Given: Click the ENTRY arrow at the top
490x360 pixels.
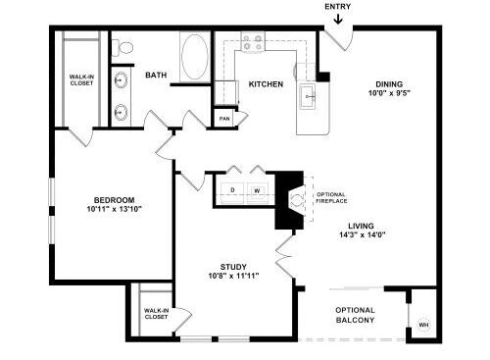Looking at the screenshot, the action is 338,19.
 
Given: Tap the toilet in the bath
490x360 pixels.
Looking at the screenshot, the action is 122,48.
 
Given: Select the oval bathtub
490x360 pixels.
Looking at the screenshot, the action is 195,56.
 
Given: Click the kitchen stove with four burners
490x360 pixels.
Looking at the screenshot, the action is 253,41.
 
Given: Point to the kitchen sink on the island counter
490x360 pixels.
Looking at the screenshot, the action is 308,96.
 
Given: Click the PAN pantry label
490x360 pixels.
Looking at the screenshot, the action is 224,119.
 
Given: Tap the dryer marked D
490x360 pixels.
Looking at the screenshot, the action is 232,190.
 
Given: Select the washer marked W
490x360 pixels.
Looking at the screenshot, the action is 258,190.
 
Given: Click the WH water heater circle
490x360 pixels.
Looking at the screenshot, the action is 423,325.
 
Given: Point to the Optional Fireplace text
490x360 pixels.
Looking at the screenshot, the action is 331,198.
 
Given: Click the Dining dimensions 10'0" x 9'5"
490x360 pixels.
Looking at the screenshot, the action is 389,93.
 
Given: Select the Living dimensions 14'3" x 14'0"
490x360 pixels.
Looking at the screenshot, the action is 363,234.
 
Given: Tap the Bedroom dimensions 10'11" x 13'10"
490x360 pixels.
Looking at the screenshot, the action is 115,209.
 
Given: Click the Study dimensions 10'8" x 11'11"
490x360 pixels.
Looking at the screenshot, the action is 233,276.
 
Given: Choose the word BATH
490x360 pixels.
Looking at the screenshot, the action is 156,75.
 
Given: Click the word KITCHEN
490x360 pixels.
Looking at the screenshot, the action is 266,84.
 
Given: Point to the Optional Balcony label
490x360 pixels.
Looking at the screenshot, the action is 355,315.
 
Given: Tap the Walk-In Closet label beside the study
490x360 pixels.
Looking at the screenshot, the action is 156,314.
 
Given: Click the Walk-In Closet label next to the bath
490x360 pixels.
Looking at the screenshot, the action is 81,79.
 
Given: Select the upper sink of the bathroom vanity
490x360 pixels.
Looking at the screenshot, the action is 121,79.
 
